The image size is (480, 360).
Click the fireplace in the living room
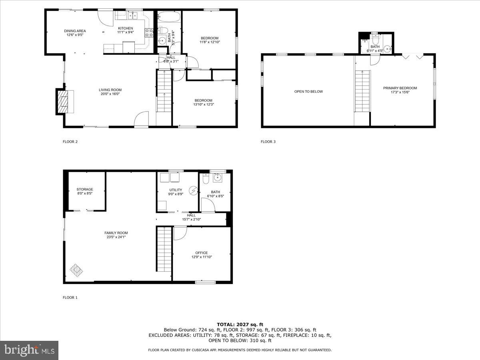pos(63,102)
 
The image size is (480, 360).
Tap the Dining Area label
pos(75,31)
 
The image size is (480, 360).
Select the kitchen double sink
pos(132,16)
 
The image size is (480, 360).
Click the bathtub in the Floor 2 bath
pos(169,17)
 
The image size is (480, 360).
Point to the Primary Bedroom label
pos(400,88)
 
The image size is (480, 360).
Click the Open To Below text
pos(308,92)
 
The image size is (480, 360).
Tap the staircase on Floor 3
pos(362,91)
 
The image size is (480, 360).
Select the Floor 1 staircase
pos(164,249)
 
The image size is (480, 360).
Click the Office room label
pos(202,253)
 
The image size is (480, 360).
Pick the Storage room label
pos(85,189)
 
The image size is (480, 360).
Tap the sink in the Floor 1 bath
pos(218,178)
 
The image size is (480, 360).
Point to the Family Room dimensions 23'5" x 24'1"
pos(115,237)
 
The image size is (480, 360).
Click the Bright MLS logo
pos(29,350)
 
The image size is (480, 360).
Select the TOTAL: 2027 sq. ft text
pos(240,324)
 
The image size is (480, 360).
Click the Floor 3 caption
pos(268,142)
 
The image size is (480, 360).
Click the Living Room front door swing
pos(141,119)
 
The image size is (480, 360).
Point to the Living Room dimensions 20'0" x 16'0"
pos(110,94)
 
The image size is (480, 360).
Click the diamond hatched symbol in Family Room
pos(76,271)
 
